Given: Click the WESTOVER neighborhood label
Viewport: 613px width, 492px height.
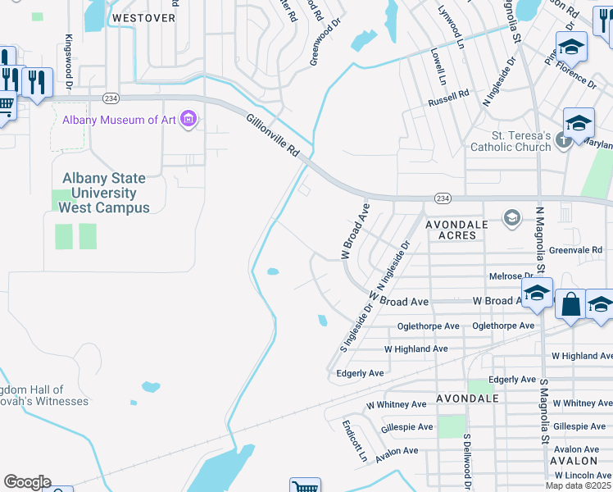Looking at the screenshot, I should point(143,16).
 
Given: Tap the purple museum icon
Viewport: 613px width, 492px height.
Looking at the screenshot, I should point(189,120).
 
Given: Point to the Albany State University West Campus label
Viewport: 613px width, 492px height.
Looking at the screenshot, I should point(107,193).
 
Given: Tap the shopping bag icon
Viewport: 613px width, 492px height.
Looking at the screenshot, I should point(571,304).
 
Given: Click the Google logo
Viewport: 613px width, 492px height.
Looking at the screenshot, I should point(26,482).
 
